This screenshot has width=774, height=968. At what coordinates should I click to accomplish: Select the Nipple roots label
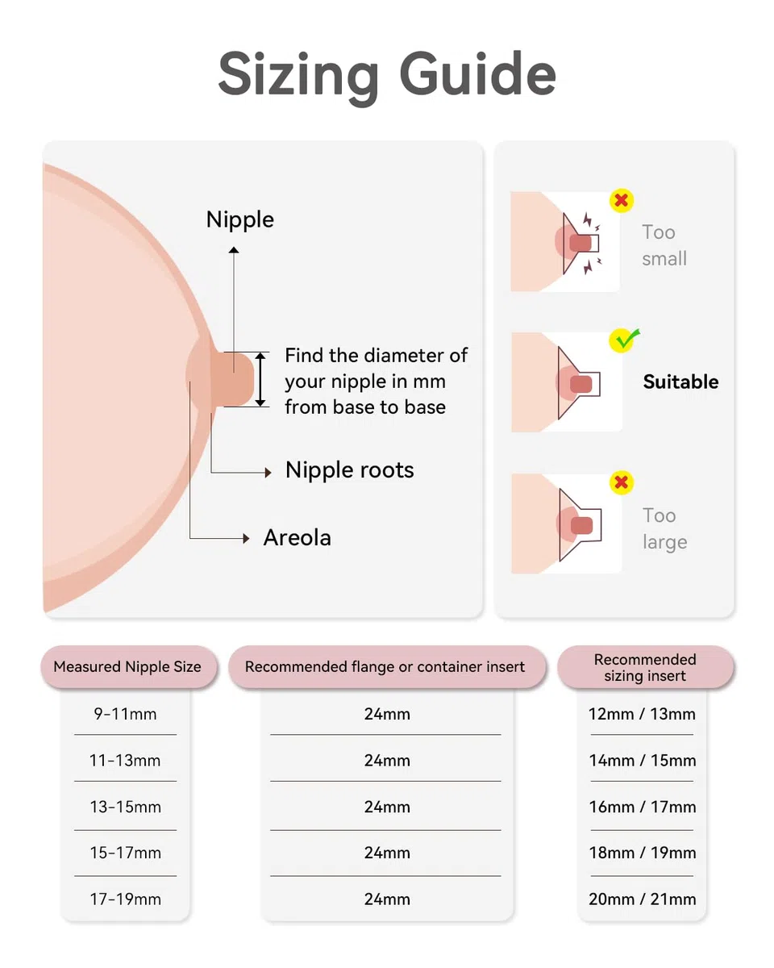349,470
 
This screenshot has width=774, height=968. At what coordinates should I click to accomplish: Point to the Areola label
298,537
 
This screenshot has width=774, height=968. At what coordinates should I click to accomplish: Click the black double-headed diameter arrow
260,380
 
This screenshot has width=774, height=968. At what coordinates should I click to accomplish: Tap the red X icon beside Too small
621,200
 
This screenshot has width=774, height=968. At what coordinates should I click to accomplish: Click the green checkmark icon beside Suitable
623,340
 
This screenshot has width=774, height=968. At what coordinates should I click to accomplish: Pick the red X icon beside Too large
622,482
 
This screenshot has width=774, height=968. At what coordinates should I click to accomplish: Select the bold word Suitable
680,382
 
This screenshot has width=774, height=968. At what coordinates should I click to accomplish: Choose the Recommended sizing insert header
645,667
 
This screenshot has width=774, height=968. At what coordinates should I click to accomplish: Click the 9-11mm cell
125,714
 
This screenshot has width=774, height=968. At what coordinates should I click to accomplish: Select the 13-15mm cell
125,807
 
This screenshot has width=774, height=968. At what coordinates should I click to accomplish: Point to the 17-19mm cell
125,899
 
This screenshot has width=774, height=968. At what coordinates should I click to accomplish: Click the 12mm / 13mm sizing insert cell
642,714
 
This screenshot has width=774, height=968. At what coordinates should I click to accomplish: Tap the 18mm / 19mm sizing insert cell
643,853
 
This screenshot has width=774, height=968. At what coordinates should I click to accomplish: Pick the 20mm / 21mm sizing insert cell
643,899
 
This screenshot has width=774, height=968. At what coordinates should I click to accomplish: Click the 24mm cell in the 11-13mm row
387,761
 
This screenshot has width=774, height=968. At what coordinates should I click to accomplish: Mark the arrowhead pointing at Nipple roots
268,473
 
